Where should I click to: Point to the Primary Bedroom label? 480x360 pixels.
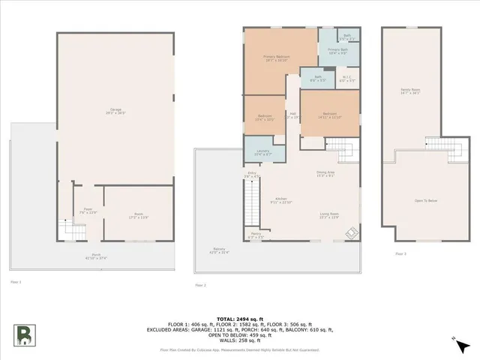277,58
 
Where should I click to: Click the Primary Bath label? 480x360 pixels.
337,51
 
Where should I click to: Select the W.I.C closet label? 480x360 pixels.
346,78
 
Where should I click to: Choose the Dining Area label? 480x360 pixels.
325,174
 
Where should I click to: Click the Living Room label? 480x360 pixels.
330,214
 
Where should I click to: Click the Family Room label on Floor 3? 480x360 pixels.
409,92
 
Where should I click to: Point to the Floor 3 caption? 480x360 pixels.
401,253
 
